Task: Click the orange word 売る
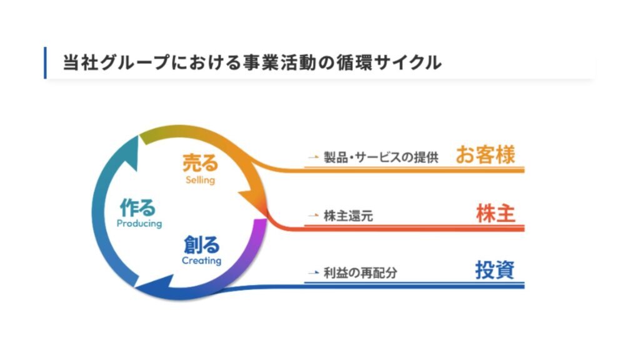[x=200, y=163]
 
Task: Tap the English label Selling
[x=200, y=180]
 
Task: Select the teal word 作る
[x=137, y=207]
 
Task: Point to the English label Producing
[x=139, y=224]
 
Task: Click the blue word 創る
[x=202, y=245]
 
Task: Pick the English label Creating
[x=202, y=261]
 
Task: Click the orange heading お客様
[x=485, y=155]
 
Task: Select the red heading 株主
[x=496, y=214]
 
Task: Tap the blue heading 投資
[x=495, y=270]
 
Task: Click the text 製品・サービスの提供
[x=381, y=157]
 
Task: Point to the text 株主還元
[x=348, y=216]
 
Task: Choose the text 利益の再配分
[x=361, y=272]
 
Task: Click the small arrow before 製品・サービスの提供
[x=314, y=157]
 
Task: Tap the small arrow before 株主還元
[x=314, y=216]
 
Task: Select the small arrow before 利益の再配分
[x=314, y=272]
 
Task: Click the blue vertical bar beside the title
[x=45, y=63]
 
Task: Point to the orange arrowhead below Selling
[x=253, y=202]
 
